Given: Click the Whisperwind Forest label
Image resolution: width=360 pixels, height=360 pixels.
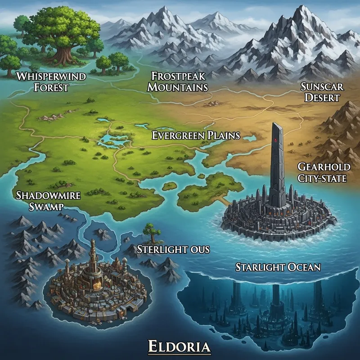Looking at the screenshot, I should click(x=51, y=81).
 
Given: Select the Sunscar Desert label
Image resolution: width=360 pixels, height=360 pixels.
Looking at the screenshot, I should click(x=320, y=91).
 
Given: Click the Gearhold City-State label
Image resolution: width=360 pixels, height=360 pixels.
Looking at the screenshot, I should click(x=322, y=173).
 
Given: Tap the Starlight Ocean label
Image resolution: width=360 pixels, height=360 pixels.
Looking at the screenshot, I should click(x=278, y=267).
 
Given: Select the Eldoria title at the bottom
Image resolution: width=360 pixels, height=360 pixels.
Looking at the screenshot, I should click(x=180, y=347).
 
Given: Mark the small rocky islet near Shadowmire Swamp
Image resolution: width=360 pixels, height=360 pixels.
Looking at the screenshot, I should click(x=103, y=234).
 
